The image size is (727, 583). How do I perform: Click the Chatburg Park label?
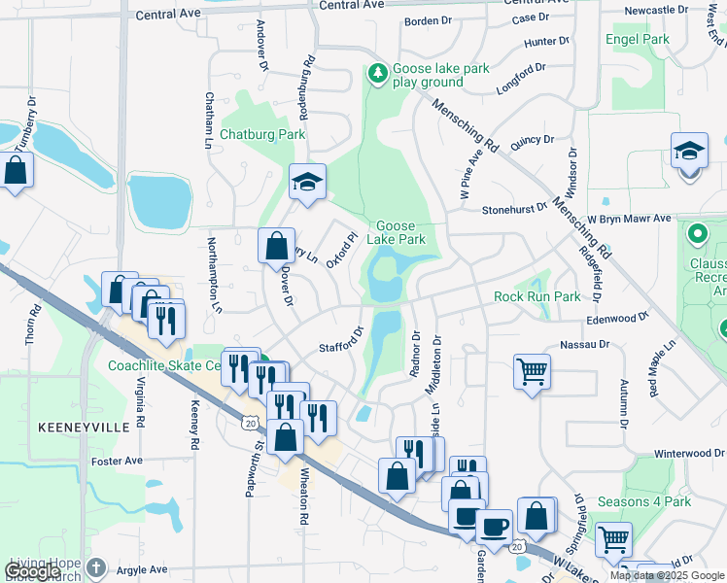tap(262, 134)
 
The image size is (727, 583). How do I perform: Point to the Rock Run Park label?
tap(537, 296)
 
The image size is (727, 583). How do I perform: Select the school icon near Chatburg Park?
tap(307, 182)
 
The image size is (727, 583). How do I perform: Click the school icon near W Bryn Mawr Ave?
tap(689, 152)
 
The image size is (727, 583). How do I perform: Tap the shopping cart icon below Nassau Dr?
tap(532, 370)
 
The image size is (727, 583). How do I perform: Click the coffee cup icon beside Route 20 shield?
tap(494, 526)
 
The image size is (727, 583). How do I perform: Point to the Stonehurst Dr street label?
tap(514, 208)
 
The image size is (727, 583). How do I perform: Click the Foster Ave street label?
tap(119, 461)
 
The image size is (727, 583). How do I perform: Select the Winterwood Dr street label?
tap(689, 453)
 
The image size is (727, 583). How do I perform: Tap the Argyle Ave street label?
tap(144, 568)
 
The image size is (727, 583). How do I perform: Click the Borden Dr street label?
tap(429, 20)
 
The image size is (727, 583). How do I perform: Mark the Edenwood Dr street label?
tap(616, 319)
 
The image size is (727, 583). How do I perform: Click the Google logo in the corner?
tap(32, 571)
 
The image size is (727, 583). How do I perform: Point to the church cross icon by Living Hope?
tap(95, 566)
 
